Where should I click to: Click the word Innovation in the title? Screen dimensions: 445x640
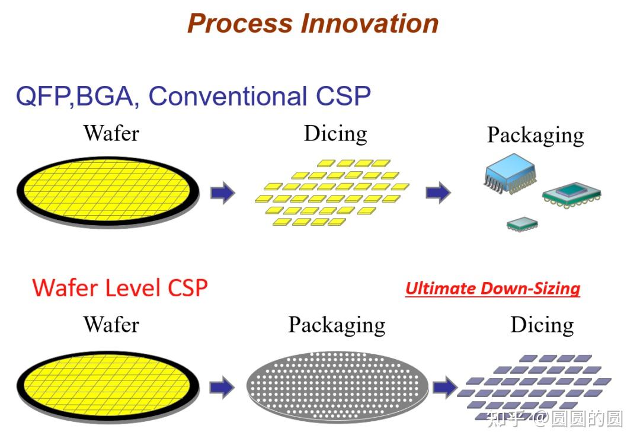tap(370, 24)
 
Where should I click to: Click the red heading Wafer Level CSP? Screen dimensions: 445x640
tap(120, 288)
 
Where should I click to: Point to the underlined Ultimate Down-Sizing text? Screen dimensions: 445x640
tap(492, 289)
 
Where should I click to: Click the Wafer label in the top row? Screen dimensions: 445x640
tap(111, 133)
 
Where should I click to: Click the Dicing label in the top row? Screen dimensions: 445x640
tap(335, 134)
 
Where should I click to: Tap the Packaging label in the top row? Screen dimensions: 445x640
tap(535, 135)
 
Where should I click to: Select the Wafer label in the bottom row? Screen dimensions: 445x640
tap(111, 324)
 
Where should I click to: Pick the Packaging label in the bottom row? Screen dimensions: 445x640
tap(337, 325)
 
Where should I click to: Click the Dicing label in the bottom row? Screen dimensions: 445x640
tap(542, 325)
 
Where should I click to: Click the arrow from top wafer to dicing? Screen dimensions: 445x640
tap(223, 193)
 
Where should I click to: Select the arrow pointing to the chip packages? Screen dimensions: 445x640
tap(438, 193)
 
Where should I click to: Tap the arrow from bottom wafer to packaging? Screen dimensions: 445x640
tap(222, 387)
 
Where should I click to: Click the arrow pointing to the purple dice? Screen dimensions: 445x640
tap(444, 387)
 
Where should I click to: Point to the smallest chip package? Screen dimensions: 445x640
tap(522, 224)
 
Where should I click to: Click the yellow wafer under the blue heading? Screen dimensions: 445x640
tap(107, 190)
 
